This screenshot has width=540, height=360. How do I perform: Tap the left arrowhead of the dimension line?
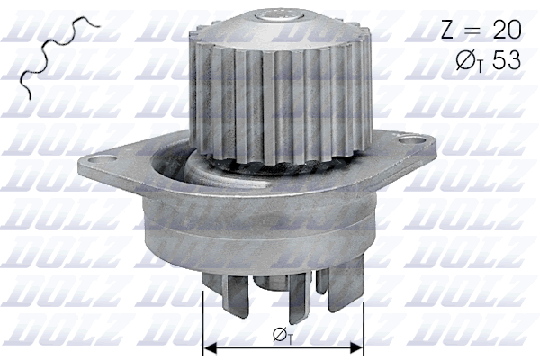[211, 346]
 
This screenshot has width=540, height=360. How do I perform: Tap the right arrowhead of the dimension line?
[357, 346]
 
